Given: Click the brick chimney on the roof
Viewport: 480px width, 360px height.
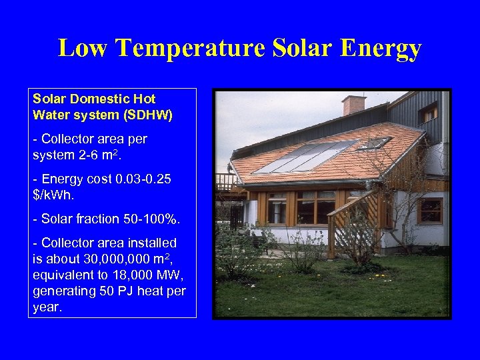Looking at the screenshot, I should (353, 105).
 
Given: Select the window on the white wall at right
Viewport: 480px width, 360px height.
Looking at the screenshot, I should (430, 211).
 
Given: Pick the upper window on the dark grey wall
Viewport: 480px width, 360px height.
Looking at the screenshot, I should (428, 113).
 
